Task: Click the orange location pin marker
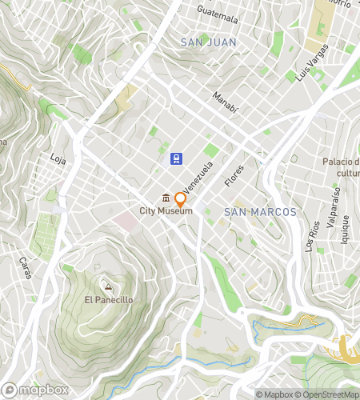point(181,199)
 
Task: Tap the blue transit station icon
point(175,158)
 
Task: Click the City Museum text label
point(166,211)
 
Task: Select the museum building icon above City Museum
point(166,198)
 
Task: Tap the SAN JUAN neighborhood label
point(207,42)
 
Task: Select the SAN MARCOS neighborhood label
point(260,212)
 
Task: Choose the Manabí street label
point(226,102)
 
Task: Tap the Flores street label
point(234,176)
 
